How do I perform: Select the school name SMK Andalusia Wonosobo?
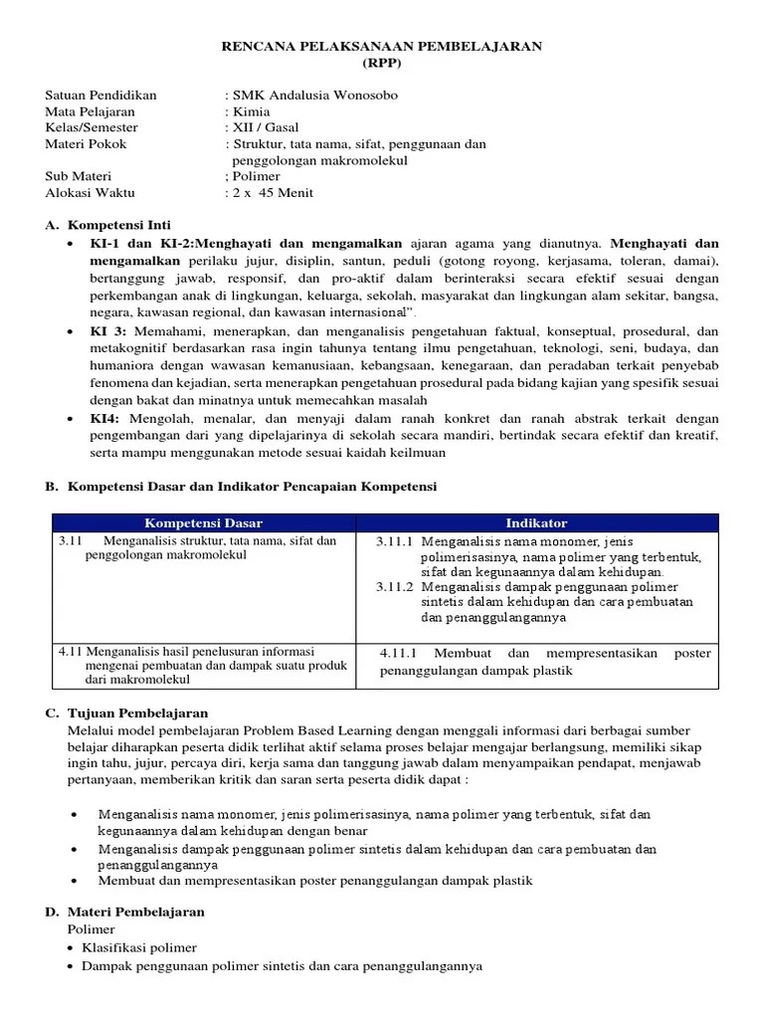pyautogui.click(x=313, y=96)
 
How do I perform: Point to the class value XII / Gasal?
pyautogui.click(x=265, y=127)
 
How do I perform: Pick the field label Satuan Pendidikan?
pyautogui.click(x=100, y=96)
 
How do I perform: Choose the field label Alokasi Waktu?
pyautogui.click(x=90, y=192)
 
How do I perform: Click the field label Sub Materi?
pyautogui.click(x=79, y=176)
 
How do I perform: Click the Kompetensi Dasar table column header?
pyautogui.click(x=204, y=523)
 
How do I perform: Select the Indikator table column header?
pyautogui.click(x=536, y=523)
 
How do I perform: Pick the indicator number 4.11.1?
pyautogui.click(x=402, y=654)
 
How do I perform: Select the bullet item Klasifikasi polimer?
pyautogui.click(x=139, y=947)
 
